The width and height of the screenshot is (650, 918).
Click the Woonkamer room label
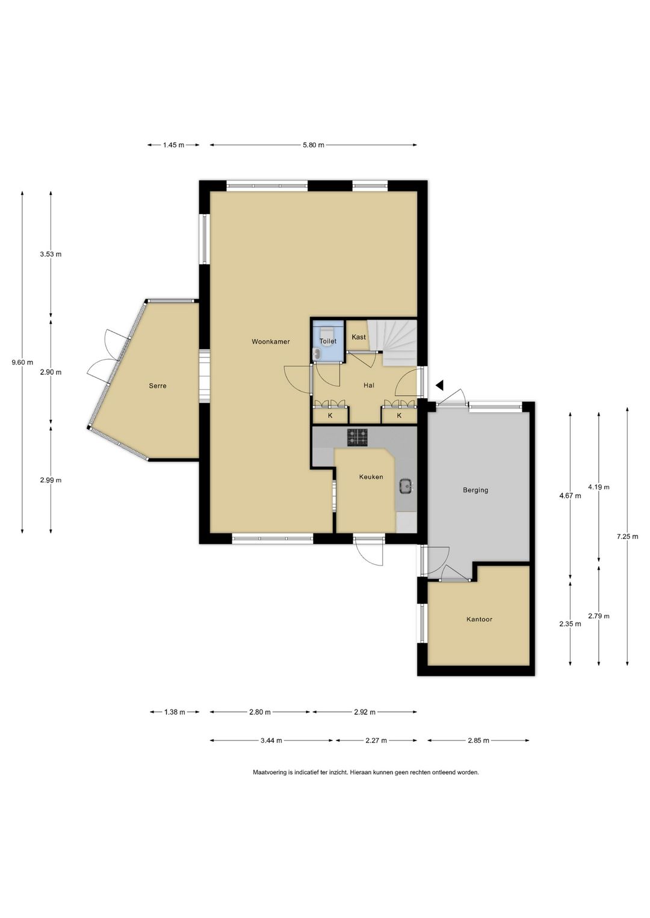pyautogui.click(x=271, y=341)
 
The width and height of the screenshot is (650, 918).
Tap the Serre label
pyautogui.click(x=158, y=386)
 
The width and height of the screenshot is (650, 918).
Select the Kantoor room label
pyautogui.click(x=479, y=619)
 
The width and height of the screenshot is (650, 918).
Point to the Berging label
pyautogui.click(x=475, y=490)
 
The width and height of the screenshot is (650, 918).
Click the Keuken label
pyautogui.click(x=371, y=476)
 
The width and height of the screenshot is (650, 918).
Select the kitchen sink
pyautogui.click(x=406, y=487)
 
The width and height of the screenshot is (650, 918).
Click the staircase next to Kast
pyautogui.click(x=393, y=343)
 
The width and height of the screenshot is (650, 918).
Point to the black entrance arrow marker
pyautogui.click(x=439, y=385)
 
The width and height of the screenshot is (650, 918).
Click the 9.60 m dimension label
pyautogui.click(x=22, y=362)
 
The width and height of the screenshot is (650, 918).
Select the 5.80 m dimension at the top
pyautogui.click(x=314, y=144)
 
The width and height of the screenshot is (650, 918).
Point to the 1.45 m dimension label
pyautogui.click(x=173, y=144)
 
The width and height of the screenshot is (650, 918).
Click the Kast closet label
pyautogui.click(x=359, y=337)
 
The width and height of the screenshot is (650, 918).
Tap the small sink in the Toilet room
pyautogui.click(x=316, y=354)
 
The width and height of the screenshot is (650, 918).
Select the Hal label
pyautogui.click(x=369, y=385)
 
